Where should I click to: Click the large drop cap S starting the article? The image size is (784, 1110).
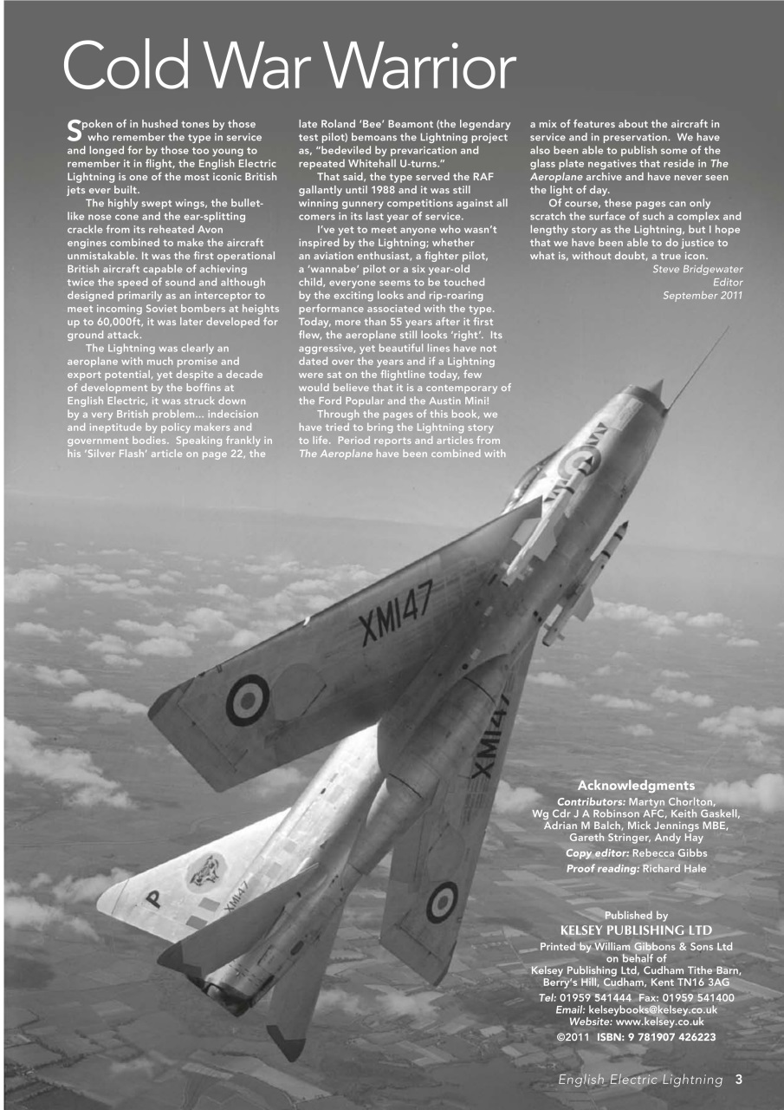(x=74, y=130)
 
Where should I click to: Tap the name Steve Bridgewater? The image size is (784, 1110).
(x=697, y=269)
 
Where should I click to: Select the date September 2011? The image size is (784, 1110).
(x=703, y=296)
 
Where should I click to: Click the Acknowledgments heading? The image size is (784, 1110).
(x=636, y=786)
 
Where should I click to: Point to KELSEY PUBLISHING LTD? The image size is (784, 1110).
(x=636, y=930)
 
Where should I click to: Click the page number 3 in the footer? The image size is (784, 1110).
(x=739, y=1080)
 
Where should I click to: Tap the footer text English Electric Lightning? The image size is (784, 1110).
(x=640, y=1080)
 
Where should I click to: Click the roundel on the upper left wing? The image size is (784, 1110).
(x=247, y=699)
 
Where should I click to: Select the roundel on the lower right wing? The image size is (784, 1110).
(x=442, y=902)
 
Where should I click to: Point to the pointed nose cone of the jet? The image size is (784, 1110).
(x=656, y=389)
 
